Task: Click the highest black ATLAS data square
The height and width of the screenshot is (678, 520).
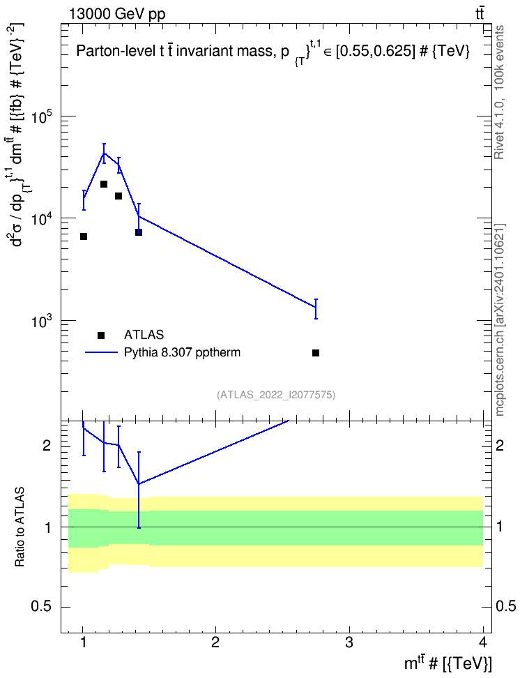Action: [x=104, y=184]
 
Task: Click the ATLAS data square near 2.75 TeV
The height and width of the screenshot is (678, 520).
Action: [x=316, y=353]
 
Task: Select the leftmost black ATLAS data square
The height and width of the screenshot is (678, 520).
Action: [x=84, y=236]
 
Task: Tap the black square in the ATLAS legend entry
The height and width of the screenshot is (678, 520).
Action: [x=101, y=335]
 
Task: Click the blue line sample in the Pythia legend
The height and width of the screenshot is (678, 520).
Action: [x=101, y=352]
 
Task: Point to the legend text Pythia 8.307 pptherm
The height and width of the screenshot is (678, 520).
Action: [x=182, y=353]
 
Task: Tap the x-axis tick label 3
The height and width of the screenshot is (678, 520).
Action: [x=349, y=642]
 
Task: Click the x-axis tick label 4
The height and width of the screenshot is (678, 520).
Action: [x=483, y=642]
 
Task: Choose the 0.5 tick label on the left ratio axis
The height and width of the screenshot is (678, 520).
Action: [x=42, y=607]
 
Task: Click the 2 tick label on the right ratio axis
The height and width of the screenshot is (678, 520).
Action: [x=499, y=445]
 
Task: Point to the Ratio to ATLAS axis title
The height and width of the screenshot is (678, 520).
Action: [x=20, y=527]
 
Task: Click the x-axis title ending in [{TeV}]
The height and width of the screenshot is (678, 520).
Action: [x=448, y=663]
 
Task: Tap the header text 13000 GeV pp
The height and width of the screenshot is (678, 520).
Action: [x=116, y=14]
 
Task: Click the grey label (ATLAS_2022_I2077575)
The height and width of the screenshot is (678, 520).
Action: [x=276, y=394]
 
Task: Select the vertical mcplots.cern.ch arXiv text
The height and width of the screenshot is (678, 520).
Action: [x=499, y=320]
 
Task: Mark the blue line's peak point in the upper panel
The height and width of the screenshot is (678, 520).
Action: [x=104, y=153]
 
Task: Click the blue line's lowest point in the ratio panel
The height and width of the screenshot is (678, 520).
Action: [x=138, y=484]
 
